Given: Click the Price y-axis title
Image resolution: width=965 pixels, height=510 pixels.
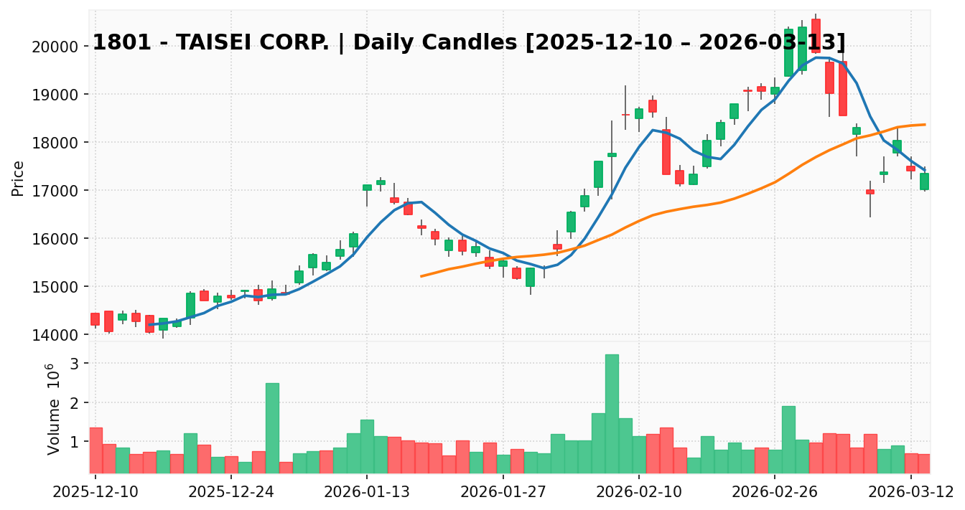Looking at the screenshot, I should coord(19,178).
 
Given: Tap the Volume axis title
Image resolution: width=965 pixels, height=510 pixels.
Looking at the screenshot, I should coord(55,409).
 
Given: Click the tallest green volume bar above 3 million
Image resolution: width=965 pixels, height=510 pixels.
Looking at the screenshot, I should coord(612,413).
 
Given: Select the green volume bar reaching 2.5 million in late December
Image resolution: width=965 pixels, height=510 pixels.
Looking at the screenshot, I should coord(272,428).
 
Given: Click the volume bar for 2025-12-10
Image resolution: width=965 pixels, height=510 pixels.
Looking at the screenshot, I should coord(95,450).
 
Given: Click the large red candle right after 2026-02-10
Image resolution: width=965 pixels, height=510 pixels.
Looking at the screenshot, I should coord(666,151).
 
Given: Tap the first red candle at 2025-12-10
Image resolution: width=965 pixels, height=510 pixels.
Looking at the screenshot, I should coord(95,319).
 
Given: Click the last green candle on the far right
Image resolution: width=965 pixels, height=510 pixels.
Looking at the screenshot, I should coord(924,181).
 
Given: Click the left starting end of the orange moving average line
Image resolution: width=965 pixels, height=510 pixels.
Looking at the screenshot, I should coord(421,276).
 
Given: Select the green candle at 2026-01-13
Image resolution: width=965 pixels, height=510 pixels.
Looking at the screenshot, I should coord(367,187).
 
